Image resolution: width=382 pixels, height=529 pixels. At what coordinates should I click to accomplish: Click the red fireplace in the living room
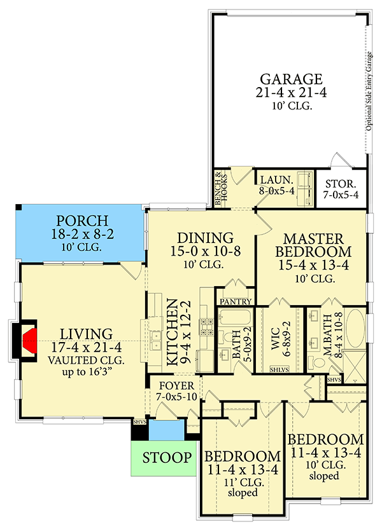[28, 336]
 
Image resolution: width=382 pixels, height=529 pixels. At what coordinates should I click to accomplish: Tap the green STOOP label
[166, 458]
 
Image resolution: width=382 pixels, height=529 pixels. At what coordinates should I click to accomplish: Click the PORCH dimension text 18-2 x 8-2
[81, 234]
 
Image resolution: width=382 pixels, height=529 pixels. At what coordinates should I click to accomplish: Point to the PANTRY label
[236, 301]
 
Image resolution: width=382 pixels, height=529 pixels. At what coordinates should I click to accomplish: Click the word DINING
[201, 237]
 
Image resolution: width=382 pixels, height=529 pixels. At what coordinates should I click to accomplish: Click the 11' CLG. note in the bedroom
[241, 483]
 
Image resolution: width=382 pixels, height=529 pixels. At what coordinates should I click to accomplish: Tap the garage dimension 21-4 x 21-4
[290, 94]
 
